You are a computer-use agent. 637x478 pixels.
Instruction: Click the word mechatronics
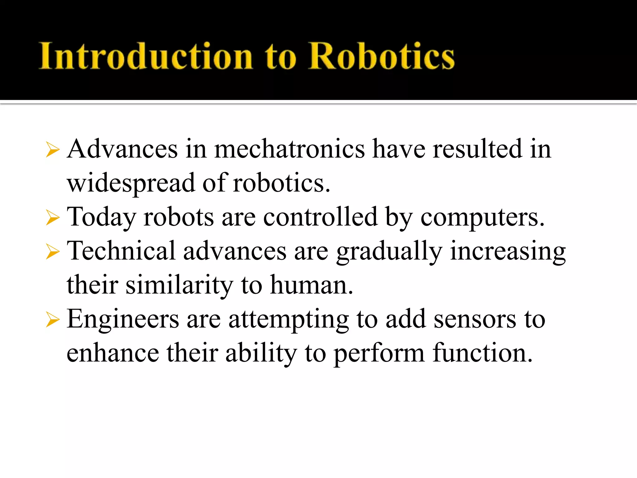289,149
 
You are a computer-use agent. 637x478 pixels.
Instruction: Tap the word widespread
131,184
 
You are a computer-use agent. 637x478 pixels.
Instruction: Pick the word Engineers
123,320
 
